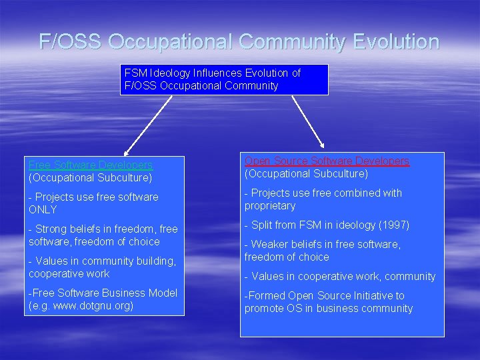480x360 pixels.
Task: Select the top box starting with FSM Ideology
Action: click(x=224, y=79)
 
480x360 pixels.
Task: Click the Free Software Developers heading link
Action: click(x=91, y=165)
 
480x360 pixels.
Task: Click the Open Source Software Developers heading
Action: click(x=327, y=161)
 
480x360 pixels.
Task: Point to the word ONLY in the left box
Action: click(x=43, y=209)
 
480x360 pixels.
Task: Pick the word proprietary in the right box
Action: click(x=270, y=205)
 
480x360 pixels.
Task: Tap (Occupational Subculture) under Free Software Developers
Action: click(x=90, y=177)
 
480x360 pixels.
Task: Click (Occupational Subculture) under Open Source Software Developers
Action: click(x=306, y=173)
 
